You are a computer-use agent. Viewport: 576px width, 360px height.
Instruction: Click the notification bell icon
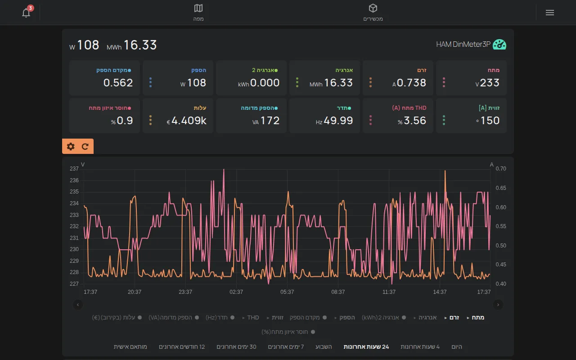pyautogui.click(x=26, y=13)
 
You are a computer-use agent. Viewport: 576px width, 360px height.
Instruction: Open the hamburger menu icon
pyautogui.click(x=550, y=13)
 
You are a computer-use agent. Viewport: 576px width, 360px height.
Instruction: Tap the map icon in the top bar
pyautogui.click(x=198, y=8)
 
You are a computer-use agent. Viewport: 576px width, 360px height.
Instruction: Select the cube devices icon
pyautogui.click(x=373, y=8)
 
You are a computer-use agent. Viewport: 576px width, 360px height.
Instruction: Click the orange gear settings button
pyautogui.click(x=71, y=146)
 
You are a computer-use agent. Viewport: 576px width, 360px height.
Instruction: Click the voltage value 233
pyautogui.click(x=490, y=83)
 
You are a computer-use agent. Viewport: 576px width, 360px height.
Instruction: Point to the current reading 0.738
pyautogui.click(x=411, y=83)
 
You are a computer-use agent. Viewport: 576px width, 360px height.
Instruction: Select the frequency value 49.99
pyautogui.click(x=338, y=121)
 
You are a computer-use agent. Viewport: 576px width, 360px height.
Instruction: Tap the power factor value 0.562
pyautogui.click(x=118, y=83)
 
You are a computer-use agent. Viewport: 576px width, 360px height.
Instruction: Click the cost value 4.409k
pyautogui.click(x=189, y=121)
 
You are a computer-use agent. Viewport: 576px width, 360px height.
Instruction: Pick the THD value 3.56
pyautogui.click(x=415, y=121)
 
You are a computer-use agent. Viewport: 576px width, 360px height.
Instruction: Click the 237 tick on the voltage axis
pyautogui.click(x=74, y=169)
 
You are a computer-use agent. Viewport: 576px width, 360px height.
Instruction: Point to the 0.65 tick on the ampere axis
pyautogui.click(x=501, y=188)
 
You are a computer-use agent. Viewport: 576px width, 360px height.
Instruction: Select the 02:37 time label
pyautogui.click(x=236, y=292)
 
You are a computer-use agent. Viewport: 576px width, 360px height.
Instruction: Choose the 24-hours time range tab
pyautogui.click(x=366, y=347)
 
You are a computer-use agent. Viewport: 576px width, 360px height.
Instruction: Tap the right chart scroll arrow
pyautogui.click(x=498, y=305)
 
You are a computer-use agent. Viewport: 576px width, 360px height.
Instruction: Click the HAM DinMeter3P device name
pyautogui.click(x=463, y=44)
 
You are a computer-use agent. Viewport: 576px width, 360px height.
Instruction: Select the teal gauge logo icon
pyautogui.click(x=499, y=45)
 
